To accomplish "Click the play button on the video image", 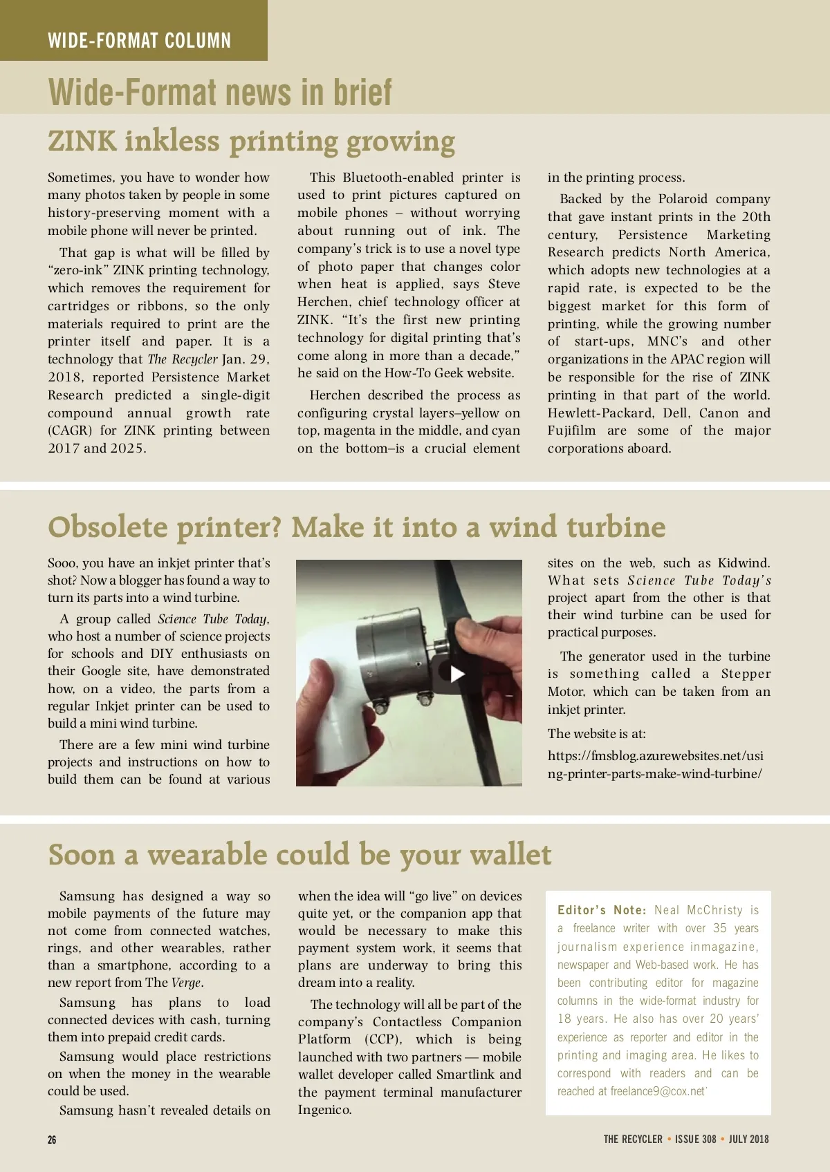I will pos(457,674).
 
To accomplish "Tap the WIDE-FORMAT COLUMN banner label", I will pos(139,41).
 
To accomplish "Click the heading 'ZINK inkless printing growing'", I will pos(251,142).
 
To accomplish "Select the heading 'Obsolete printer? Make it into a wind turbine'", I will pos(356,527).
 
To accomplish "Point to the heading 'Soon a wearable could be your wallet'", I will pos(299,855).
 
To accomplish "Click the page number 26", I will pos(52,1140).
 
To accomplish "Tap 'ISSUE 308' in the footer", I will pos(695,1139).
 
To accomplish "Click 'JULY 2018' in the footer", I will pos(748,1139).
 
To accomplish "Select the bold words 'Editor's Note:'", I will pos(602,910).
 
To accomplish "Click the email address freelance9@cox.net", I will pos(658,1091).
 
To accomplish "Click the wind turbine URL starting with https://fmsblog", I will pos(656,764).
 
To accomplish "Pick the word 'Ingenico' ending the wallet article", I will pos(324,1110).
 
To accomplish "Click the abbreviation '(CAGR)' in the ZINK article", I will pos(70,431).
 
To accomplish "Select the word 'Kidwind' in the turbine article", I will pos(743,563).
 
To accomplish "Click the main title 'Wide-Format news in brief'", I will pos(220,92).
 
